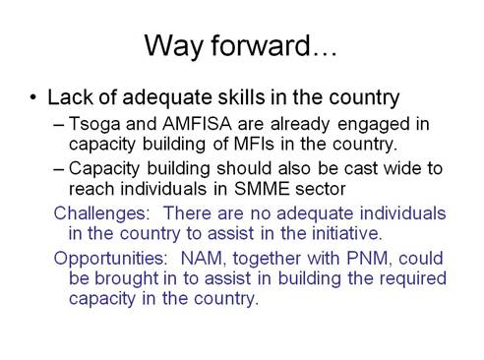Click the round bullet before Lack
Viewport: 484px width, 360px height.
pos(35,98)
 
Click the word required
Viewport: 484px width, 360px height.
pos(379,277)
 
